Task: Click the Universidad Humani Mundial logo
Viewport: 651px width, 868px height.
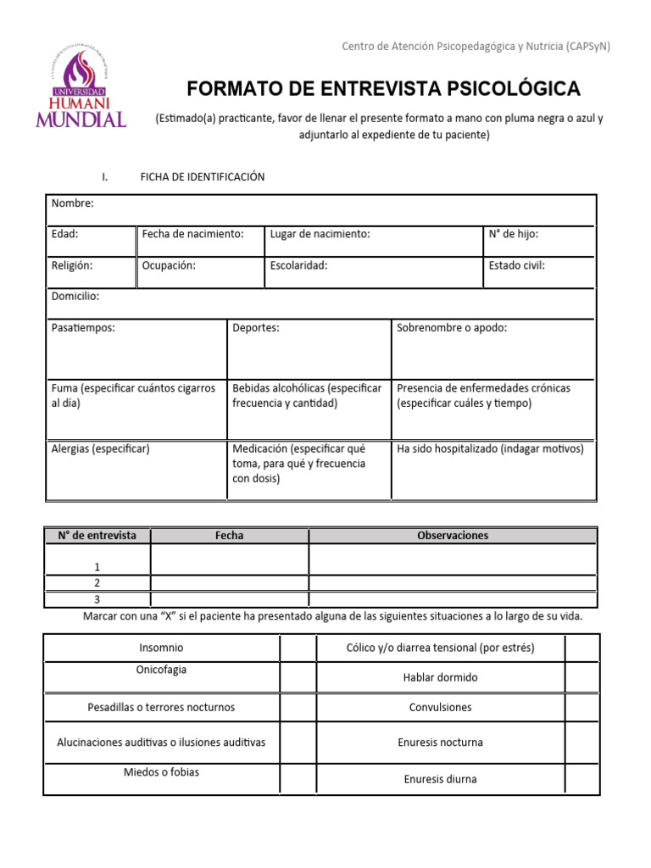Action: click(x=81, y=89)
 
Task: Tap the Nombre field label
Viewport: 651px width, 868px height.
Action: click(x=73, y=203)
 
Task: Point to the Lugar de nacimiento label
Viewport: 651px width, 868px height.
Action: click(x=320, y=234)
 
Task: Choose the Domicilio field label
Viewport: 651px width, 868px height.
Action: click(x=75, y=297)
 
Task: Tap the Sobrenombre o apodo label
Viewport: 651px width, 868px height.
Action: click(x=452, y=328)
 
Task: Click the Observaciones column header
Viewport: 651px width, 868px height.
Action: click(x=453, y=536)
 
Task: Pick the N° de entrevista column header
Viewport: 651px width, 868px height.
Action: click(x=97, y=536)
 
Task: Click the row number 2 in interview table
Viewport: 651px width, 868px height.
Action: click(x=97, y=583)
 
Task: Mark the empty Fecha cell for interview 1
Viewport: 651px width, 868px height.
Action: click(x=229, y=559)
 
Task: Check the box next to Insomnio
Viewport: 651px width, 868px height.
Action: click(x=298, y=648)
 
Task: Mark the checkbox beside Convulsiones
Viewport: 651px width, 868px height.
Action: click(x=582, y=708)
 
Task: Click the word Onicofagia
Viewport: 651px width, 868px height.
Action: click(x=161, y=670)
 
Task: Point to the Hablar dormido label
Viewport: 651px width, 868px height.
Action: click(x=440, y=678)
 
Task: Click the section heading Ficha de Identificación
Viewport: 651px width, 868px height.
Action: click(x=203, y=177)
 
